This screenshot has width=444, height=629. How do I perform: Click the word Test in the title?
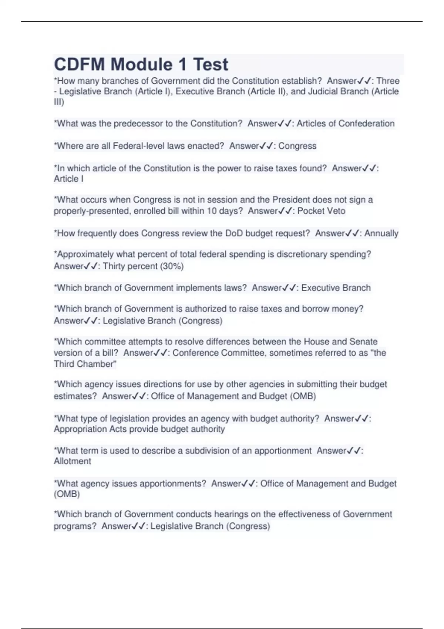[x=211, y=64]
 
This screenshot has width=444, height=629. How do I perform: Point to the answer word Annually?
[x=381, y=233]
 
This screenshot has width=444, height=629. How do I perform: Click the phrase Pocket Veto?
[x=321, y=211]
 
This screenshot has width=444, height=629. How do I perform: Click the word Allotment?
[x=73, y=461]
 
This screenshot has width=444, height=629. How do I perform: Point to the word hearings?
[x=231, y=514]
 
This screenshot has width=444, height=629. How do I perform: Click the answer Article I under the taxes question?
[x=68, y=179]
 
